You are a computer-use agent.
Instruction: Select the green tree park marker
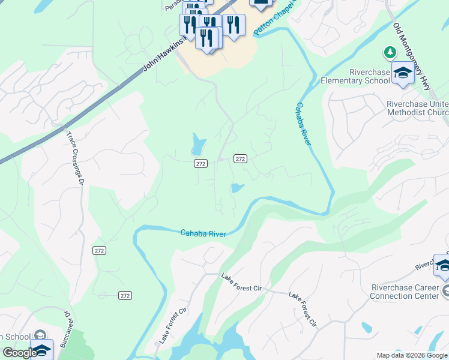point(390,53)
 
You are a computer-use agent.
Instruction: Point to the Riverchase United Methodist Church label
point(417,107)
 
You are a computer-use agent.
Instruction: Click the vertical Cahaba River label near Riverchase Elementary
point(303,124)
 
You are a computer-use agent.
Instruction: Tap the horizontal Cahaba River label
point(203,233)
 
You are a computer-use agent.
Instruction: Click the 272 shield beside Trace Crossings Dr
point(100,250)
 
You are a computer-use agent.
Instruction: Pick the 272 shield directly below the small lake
point(200,163)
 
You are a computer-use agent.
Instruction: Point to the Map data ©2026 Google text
point(412,355)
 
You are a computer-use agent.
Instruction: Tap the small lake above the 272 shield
point(198,145)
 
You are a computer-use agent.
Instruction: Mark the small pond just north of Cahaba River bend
point(237,188)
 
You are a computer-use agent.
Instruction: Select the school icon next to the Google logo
point(41,350)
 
